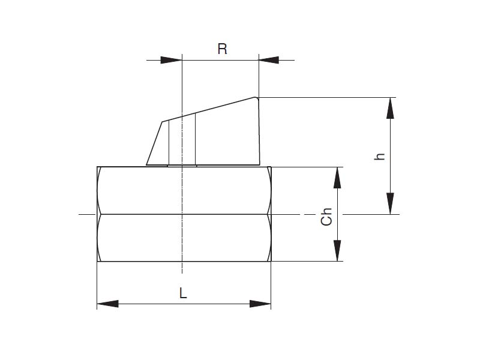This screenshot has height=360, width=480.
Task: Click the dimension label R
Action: [222, 49]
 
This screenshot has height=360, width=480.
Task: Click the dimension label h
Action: [379, 156]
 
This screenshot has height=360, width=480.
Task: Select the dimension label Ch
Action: [326, 217]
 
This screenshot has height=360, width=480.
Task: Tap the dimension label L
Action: [183, 293]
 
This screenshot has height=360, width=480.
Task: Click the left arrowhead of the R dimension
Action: [172, 60]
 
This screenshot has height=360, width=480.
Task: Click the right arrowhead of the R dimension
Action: [269, 60]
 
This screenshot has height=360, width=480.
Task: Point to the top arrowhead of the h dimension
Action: [391, 107]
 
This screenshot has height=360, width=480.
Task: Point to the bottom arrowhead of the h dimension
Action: [391, 203]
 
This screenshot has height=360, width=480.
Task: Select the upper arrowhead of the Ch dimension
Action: [337, 177]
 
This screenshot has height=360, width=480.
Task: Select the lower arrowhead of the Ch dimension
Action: [337, 251]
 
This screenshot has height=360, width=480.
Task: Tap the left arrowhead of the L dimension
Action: [107, 304]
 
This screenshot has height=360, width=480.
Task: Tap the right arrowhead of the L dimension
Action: [260, 304]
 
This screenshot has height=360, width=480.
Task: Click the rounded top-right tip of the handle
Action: [256, 98]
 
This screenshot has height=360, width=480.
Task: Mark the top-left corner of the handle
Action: [162, 122]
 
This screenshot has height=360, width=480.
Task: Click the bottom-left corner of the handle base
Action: [147, 164]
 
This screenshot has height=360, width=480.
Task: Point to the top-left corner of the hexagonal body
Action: [98, 167]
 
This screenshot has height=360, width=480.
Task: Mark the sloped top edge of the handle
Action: [210, 110]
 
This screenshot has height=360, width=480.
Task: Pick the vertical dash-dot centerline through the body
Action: [182, 240]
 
